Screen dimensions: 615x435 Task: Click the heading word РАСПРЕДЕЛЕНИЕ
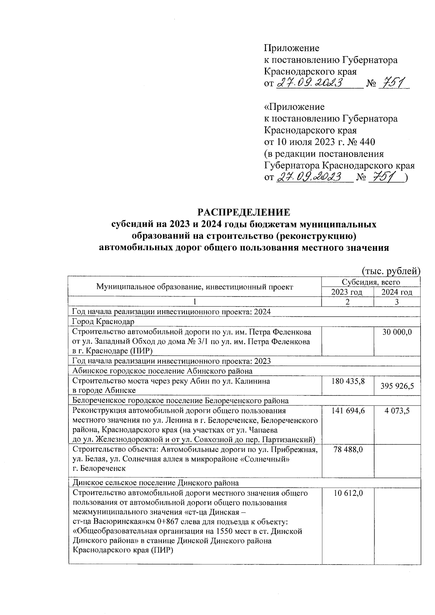tap(244, 212)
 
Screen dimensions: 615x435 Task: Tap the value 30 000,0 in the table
tap(397, 332)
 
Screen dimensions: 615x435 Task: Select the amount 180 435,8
tap(348, 381)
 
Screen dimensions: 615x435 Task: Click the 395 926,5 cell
tap(397, 387)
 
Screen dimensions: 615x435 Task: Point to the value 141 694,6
tap(348, 411)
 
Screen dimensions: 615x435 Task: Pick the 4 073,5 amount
tap(397, 411)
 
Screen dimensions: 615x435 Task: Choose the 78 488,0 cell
tap(348, 449)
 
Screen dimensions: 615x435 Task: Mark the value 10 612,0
tap(348, 493)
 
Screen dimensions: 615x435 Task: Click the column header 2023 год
tap(348, 292)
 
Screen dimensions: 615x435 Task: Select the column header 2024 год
tap(397, 292)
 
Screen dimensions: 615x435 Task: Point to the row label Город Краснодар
tap(103, 321)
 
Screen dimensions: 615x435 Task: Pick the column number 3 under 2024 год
tap(397, 302)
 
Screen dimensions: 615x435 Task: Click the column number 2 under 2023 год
tap(348, 302)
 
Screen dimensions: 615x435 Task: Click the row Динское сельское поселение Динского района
tap(156, 483)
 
